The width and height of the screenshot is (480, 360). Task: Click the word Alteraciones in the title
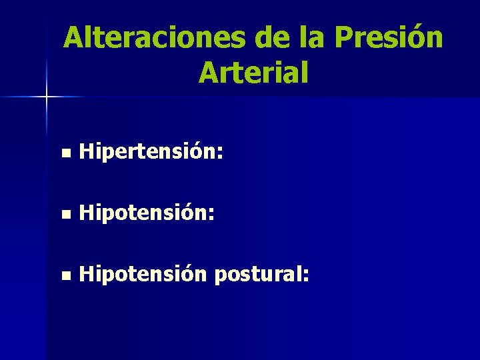[x=153, y=38]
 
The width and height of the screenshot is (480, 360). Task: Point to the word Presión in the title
[x=389, y=38]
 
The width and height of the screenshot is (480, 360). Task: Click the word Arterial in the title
[x=253, y=73]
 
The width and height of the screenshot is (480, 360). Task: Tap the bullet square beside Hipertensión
[x=64, y=155]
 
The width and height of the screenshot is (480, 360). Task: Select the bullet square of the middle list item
[x=64, y=215]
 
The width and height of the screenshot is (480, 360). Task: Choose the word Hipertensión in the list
[x=147, y=154]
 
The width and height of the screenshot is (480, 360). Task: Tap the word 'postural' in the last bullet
[x=257, y=274]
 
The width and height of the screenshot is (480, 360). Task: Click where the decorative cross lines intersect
[x=47, y=97]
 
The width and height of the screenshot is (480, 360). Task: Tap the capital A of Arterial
[x=208, y=73]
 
